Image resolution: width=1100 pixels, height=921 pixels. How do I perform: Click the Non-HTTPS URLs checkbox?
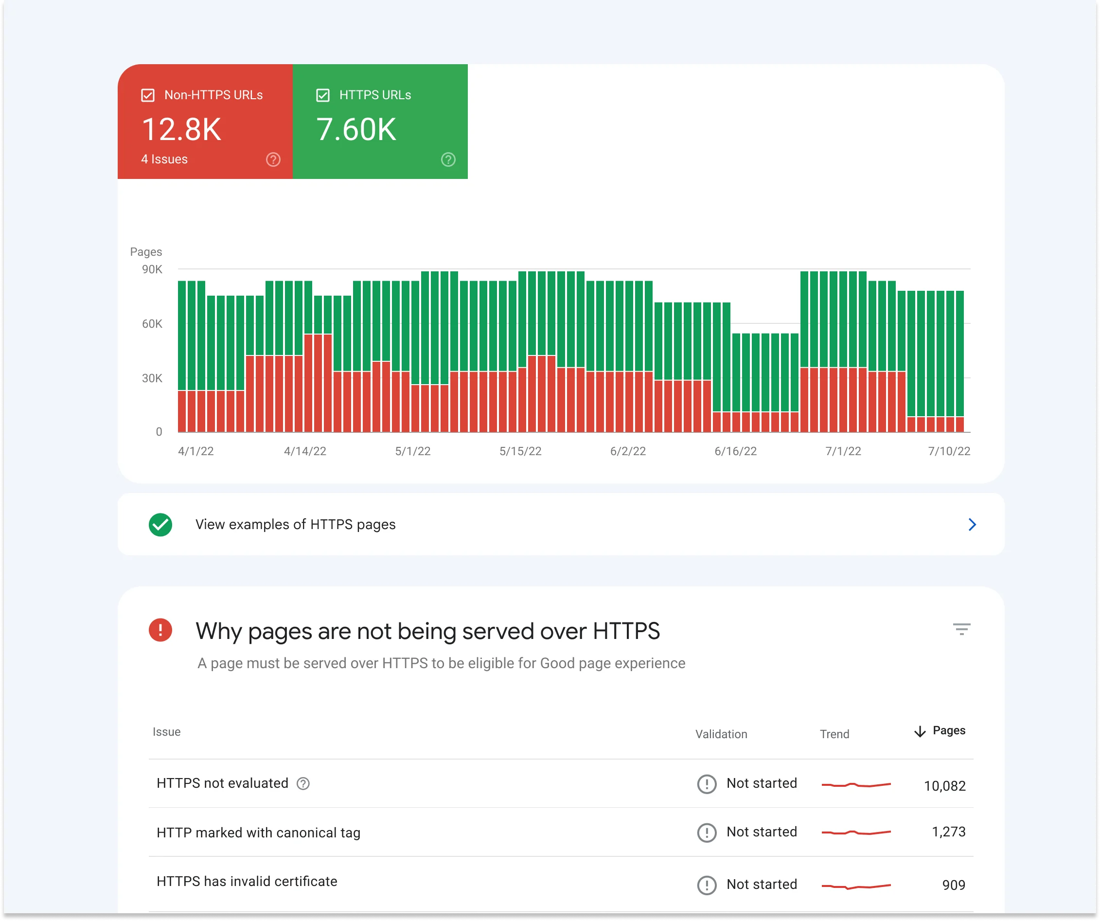click(x=148, y=95)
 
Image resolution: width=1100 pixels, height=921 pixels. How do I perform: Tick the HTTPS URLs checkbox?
click(x=323, y=95)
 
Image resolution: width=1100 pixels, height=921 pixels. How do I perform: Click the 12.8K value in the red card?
click(x=181, y=129)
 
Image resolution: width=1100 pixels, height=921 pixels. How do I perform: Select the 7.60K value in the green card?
click(x=355, y=129)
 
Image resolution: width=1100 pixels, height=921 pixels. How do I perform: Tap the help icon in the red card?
click(x=273, y=159)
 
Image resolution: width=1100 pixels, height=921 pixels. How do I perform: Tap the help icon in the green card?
click(x=448, y=159)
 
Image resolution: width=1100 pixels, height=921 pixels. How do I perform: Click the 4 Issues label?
click(x=164, y=159)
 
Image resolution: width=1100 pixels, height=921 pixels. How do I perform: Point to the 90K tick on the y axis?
click(x=152, y=269)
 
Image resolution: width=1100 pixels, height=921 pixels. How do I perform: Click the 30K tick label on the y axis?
click(x=152, y=378)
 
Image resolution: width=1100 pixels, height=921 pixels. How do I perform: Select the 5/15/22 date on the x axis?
click(x=520, y=451)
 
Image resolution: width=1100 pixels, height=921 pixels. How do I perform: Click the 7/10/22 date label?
click(x=949, y=451)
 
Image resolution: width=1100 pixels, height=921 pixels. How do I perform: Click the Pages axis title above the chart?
click(x=145, y=252)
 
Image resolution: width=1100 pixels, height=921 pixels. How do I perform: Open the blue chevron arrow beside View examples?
click(x=972, y=524)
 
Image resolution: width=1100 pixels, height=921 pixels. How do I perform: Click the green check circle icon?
click(x=160, y=524)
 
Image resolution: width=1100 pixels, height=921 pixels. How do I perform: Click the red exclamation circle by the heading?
click(x=160, y=630)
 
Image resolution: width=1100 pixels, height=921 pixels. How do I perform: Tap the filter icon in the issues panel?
click(x=961, y=629)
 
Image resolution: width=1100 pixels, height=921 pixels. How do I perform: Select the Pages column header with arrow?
click(x=940, y=731)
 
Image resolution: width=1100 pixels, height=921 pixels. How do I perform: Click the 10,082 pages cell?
click(x=944, y=786)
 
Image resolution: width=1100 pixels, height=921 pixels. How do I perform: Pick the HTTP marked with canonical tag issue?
click(x=258, y=832)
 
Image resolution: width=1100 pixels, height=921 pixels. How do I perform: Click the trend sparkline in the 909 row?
click(x=856, y=886)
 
